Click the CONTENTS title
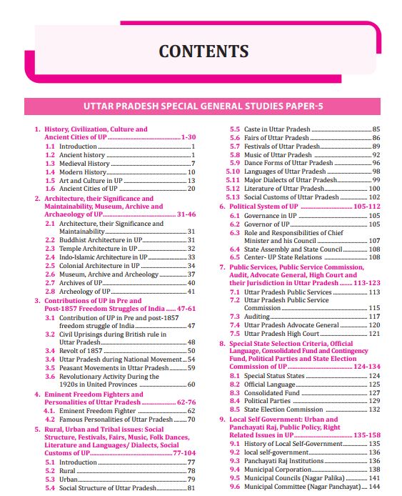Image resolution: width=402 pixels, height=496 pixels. click(203, 51)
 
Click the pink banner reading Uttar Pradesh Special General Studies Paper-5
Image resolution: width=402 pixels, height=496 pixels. click(203, 106)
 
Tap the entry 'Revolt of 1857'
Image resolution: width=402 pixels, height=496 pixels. click(82, 350)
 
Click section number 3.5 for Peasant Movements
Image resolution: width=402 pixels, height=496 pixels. click(50, 367)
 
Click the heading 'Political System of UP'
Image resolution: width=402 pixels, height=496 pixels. click(263, 206)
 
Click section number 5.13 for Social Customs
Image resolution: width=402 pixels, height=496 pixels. click(233, 197)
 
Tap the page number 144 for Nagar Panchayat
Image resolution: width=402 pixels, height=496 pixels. click(374, 486)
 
